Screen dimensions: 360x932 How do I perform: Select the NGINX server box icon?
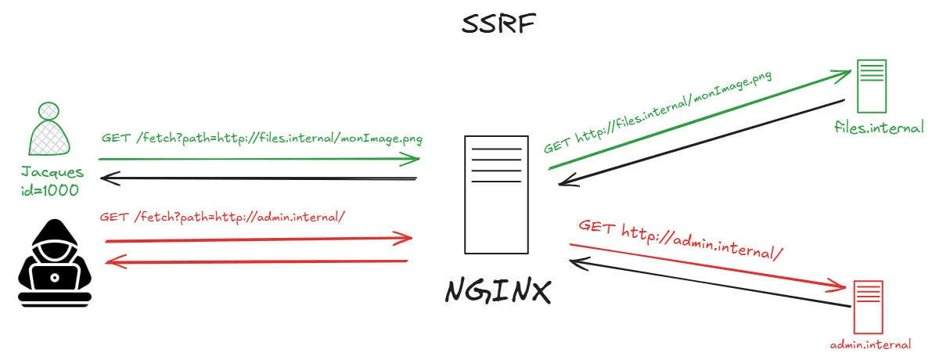pos(492,194)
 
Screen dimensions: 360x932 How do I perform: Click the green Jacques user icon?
pos(51,128)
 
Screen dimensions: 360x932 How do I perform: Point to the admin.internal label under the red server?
pos(870,344)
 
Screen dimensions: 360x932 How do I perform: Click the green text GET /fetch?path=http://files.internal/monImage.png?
pos(262,139)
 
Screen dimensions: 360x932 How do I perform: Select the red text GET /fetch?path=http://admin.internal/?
pos(222,215)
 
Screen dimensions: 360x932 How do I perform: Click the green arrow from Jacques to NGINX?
pos(258,159)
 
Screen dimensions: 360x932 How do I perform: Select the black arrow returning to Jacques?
pos(258,179)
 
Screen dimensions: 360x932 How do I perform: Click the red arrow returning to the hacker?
pos(258,261)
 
